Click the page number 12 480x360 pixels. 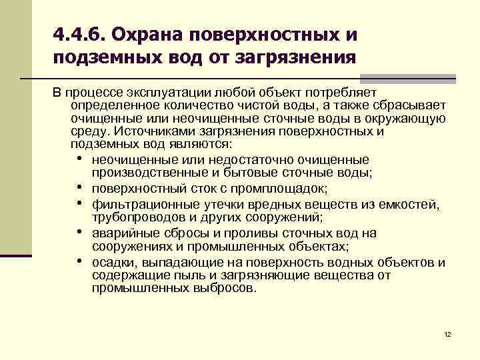[447, 333]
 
